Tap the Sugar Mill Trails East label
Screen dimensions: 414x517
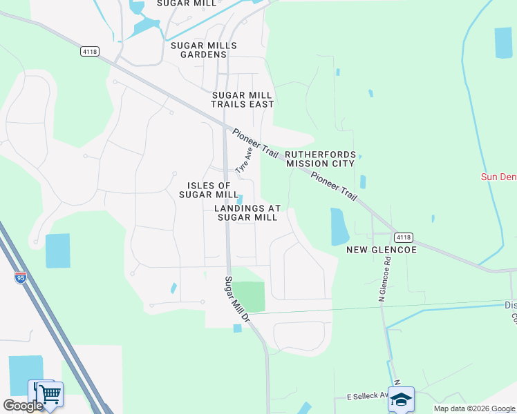[x=243, y=99]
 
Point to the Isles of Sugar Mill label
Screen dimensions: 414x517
[x=209, y=190]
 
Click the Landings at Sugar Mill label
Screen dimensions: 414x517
[x=247, y=213]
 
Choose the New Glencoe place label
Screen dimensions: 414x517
[x=382, y=250]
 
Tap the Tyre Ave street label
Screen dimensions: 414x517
[x=243, y=159]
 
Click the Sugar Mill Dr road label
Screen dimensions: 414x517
[x=236, y=299]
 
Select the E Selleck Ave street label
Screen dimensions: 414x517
[x=367, y=397]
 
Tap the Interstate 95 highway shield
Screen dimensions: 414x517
[x=21, y=278]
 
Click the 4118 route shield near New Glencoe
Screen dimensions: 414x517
[x=404, y=237]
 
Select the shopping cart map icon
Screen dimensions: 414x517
[x=49, y=394]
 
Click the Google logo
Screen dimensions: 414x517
[x=22, y=406]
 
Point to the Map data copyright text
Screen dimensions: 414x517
[x=475, y=408]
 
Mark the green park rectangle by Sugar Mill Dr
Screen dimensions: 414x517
[x=248, y=297]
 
